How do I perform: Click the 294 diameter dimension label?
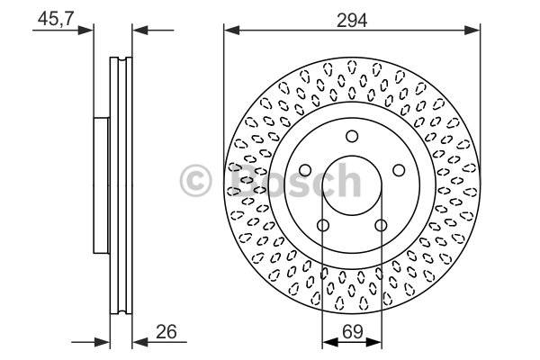[352, 21]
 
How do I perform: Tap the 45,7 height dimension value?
[56, 18]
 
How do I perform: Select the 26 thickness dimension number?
[166, 332]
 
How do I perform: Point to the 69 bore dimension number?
[353, 332]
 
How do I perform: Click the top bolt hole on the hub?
[352, 137]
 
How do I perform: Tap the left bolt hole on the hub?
[305, 170]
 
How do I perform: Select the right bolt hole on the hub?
[399, 170]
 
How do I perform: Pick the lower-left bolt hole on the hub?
[323, 226]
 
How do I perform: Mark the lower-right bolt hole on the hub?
[381, 226]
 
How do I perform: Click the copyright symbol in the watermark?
[195, 181]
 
